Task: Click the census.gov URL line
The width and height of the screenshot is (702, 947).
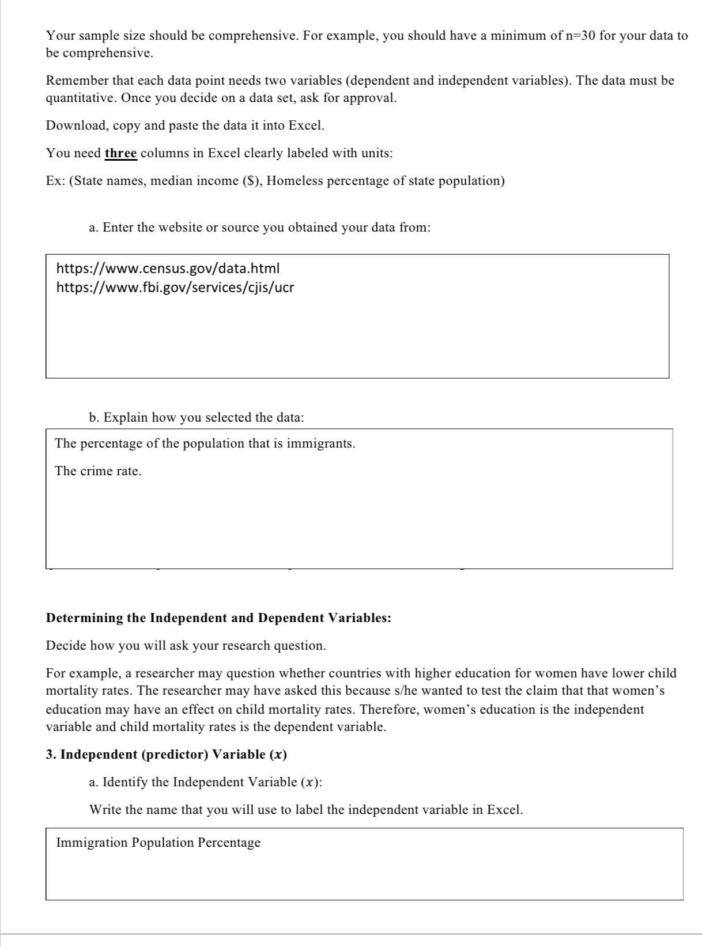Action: coord(168,268)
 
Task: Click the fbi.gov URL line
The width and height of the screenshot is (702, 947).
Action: coord(175,287)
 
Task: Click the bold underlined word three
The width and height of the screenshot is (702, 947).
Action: coord(120,153)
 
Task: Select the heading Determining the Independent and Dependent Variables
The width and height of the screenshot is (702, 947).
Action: coord(218,618)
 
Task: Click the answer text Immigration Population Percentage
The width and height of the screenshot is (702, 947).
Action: coord(158,843)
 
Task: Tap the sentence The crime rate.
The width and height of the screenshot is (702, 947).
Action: coord(98,471)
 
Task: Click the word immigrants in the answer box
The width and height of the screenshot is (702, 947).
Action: coord(324,444)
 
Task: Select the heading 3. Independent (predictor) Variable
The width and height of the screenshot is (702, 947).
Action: coord(166,755)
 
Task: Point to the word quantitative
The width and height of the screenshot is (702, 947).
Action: coord(81,98)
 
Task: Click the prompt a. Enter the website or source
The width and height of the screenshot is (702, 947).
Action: coord(260,228)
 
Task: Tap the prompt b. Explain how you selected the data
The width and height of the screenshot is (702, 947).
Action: coord(197,418)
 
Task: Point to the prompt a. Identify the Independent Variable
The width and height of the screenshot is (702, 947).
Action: coord(206,782)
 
